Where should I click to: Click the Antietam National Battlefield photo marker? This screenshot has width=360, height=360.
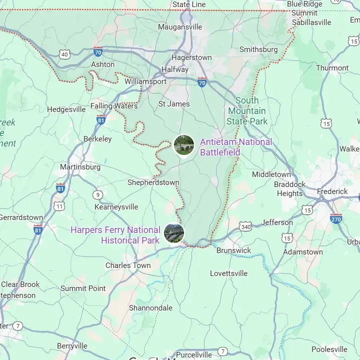click(x=184, y=145)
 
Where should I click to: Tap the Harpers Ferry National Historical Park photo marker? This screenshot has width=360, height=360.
click(x=174, y=233)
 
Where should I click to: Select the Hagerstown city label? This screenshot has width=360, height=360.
click(x=191, y=57)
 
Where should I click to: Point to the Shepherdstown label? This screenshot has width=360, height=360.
click(x=153, y=182)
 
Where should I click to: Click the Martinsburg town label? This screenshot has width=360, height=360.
click(x=80, y=166)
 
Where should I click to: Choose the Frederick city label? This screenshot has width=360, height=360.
click(x=332, y=191)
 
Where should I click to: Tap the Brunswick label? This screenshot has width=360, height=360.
click(x=233, y=250)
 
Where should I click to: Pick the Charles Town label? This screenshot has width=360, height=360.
click(x=128, y=265)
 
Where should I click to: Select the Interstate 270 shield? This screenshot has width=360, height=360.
click(x=336, y=218)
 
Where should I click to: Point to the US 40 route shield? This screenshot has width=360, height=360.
click(x=64, y=54)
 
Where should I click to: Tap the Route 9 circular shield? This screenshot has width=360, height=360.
click(x=97, y=194)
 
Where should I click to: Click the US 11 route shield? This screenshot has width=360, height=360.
click(x=59, y=206)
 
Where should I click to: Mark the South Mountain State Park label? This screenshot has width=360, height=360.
click(x=247, y=110)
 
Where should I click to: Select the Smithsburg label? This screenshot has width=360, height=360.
click(x=258, y=49)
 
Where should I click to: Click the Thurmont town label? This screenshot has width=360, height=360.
click(x=332, y=67)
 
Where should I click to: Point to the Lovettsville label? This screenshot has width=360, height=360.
click(x=228, y=273)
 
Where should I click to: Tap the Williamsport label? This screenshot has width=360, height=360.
click(x=145, y=81)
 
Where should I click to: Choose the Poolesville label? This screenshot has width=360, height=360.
click(x=329, y=349)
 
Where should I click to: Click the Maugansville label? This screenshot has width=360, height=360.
click(x=180, y=26)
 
